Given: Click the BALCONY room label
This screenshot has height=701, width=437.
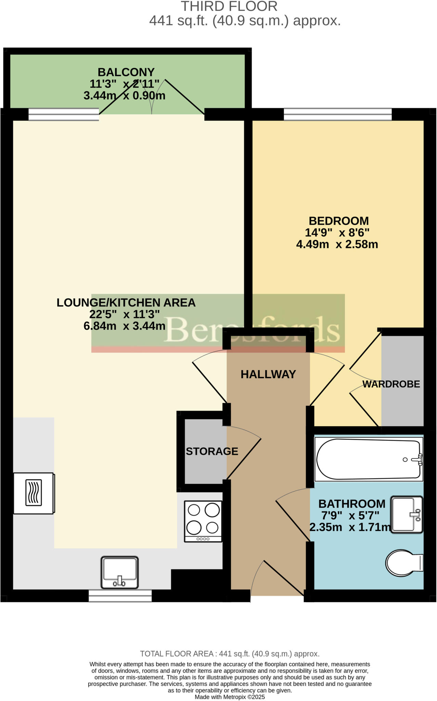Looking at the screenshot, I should [126, 72].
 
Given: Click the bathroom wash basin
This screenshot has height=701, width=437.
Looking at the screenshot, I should [406, 514].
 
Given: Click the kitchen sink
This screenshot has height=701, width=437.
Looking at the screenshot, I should [119, 572].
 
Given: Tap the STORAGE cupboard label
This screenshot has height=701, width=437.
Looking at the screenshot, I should [212, 451].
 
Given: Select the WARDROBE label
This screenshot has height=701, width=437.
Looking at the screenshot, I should [391, 384].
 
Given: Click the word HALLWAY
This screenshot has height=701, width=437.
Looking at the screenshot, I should [268, 374].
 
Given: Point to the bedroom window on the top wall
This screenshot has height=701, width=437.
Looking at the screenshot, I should [337, 114].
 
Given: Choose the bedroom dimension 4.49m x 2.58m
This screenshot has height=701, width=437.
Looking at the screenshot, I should [337, 244].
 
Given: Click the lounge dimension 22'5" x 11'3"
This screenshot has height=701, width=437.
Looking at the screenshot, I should [125, 314].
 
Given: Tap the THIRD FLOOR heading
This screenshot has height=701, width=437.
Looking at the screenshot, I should [229, 7].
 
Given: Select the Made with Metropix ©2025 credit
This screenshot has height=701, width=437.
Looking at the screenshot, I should [230, 697].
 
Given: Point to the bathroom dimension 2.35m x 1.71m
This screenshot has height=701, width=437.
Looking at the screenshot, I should [350, 527].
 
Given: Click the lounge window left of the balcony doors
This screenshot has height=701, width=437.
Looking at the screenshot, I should [64, 114].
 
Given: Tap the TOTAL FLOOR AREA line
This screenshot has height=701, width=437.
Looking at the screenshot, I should [230, 654].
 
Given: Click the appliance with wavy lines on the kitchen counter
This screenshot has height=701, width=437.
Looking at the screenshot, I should [34, 493].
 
